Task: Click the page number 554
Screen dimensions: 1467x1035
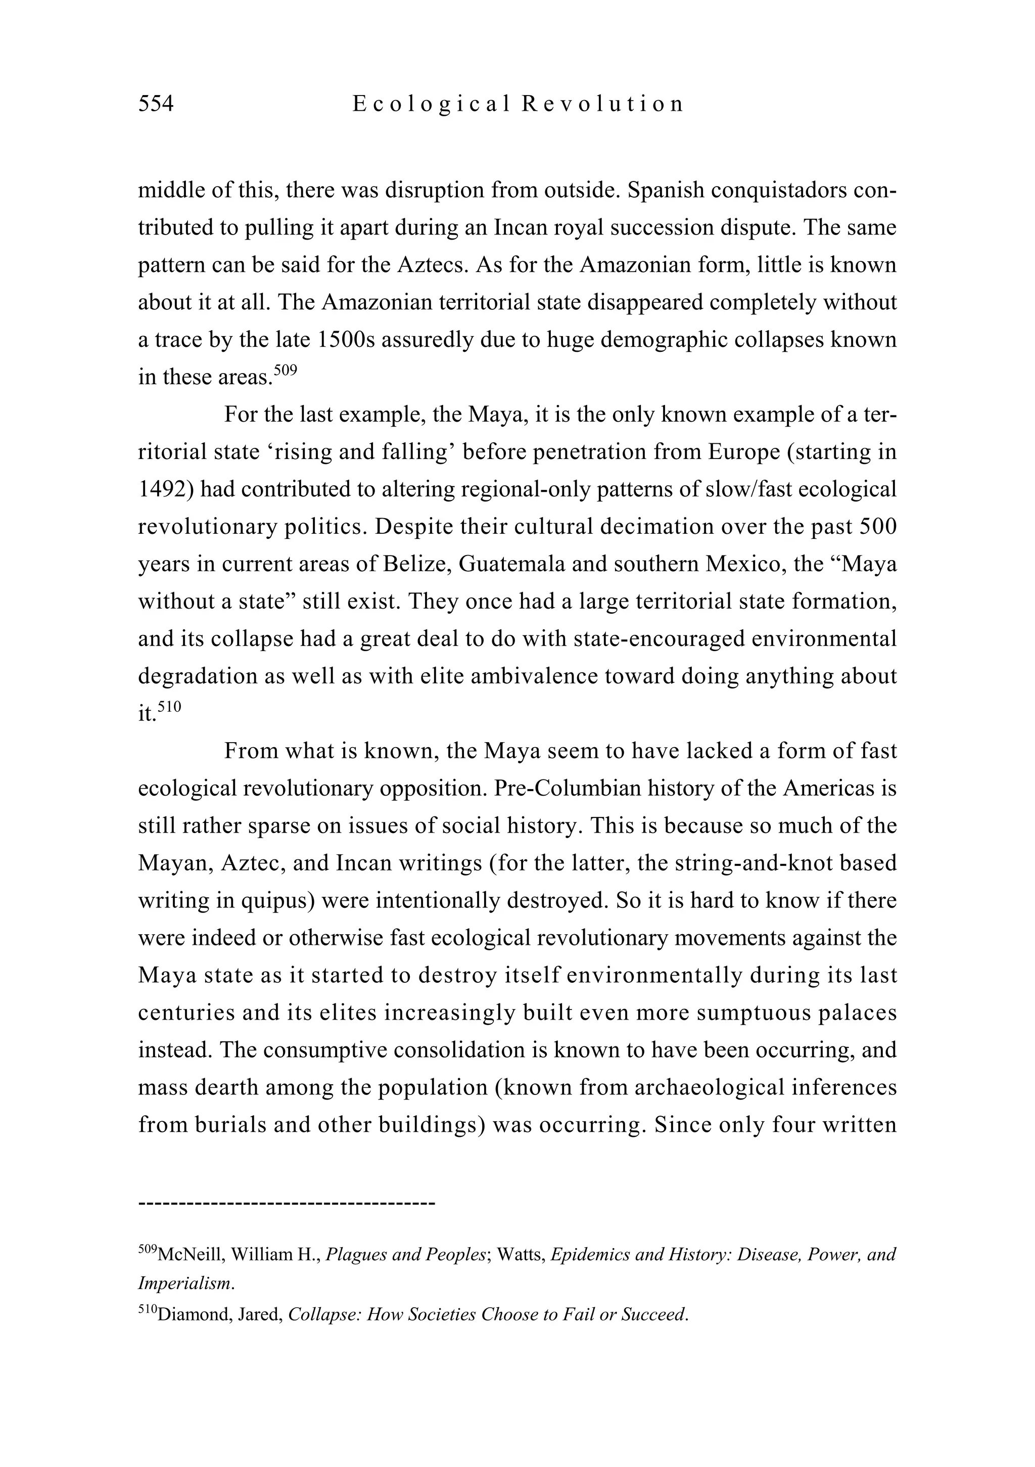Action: tap(156, 104)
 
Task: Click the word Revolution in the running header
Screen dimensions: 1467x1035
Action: tap(602, 104)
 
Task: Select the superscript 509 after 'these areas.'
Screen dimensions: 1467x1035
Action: tap(285, 370)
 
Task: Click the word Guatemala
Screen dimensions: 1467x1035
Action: tap(510, 564)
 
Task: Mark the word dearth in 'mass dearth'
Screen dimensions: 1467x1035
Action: tap(225, 1088)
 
